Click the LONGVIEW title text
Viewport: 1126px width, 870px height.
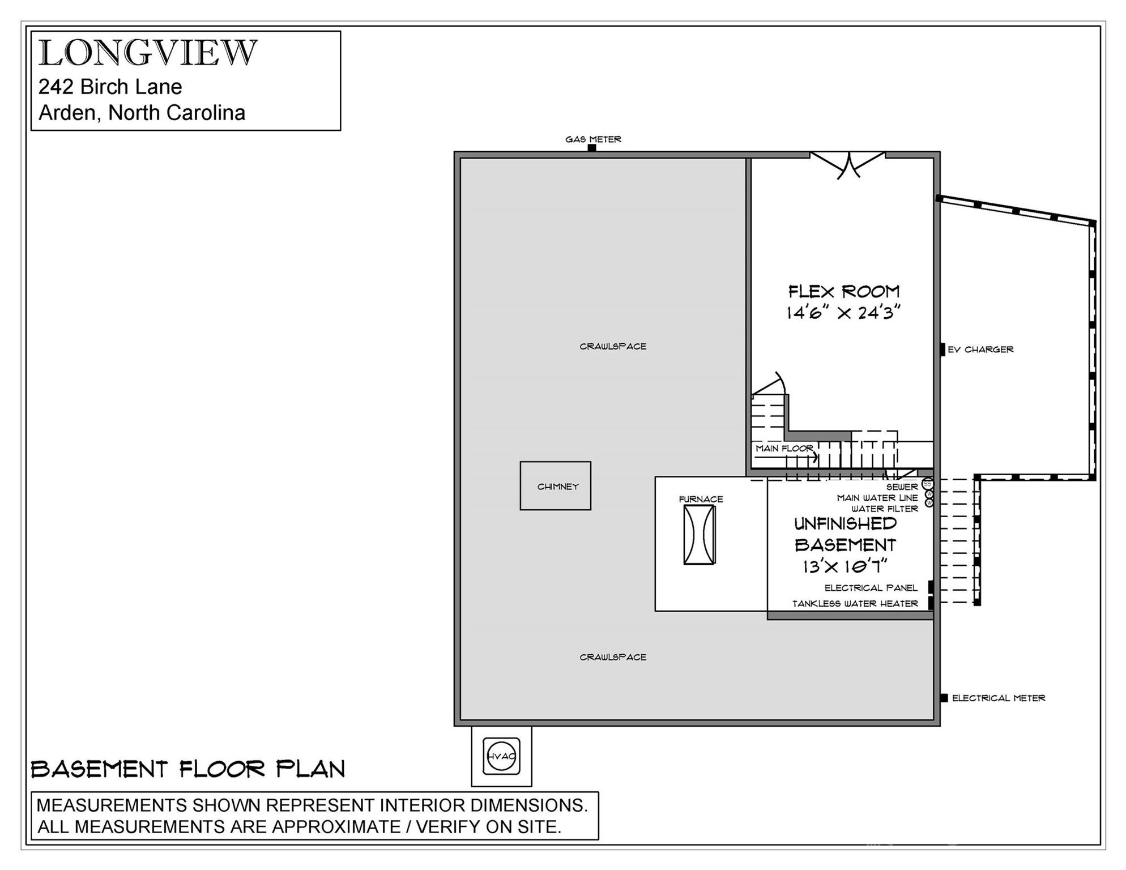(x=148, y=53)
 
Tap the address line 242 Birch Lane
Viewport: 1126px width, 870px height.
(x=110, y=87)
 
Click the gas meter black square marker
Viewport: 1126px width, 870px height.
(x=591, y=148)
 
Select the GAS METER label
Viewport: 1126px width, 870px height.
(x=593, y=139)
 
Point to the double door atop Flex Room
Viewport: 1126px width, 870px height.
(x=847, y=164)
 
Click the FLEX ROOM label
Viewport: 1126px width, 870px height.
(x=843, y=292)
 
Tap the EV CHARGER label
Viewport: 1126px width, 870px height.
(x=980, y=349)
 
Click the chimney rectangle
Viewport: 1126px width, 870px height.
(x=555, y=486)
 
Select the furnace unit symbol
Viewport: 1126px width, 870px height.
(x=699, y=535)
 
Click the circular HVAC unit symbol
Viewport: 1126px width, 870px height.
(x=501, y=756)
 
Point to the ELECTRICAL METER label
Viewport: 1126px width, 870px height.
(x=998, y=698)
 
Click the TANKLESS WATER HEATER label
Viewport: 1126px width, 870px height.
(x=855, y=604)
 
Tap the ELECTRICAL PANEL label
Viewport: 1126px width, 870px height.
(x=871, y=588)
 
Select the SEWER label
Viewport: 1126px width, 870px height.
(x=902, y=487)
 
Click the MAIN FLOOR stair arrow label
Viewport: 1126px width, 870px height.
(x=784, y=449)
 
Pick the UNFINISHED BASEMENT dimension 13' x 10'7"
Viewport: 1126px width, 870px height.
(x=844, y=566)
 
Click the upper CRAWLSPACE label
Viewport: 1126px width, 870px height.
(x=612, y=346)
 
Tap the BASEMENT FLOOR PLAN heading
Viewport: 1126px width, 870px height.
(x=187, y=769)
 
